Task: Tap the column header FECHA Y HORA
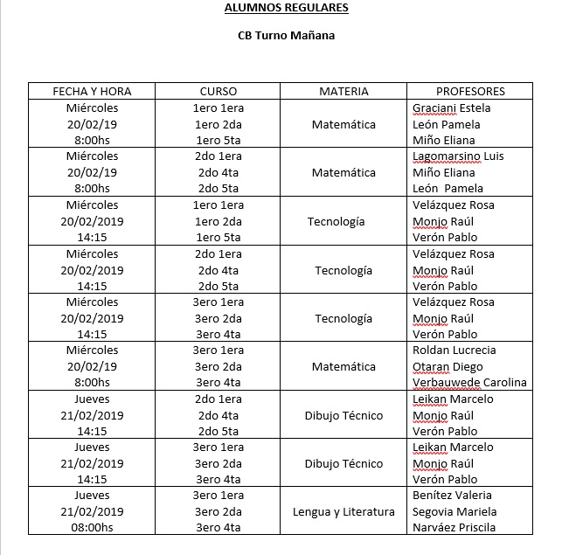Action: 93,91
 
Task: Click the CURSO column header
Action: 218,91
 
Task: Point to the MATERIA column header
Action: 343,91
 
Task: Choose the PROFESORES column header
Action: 470,91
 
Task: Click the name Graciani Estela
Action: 451,108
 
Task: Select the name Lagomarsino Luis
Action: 458,156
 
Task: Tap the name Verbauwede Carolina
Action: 469,383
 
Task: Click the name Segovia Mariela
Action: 455,512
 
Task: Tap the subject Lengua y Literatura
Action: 343,512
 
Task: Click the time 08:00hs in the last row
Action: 93,528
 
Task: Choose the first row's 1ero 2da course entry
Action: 218,124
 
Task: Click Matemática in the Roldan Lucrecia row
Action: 343,367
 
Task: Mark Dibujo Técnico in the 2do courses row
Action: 343,415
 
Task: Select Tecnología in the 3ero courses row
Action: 343,318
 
